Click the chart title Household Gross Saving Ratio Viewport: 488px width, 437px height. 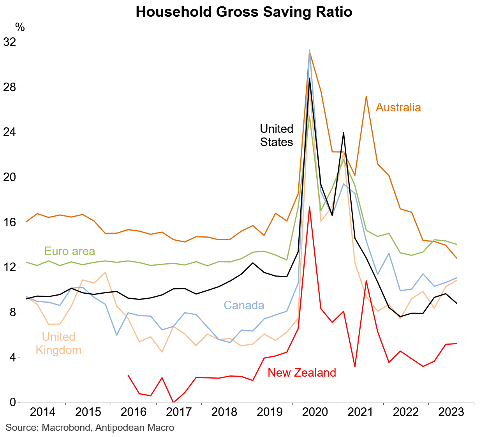click(x=244, y=12)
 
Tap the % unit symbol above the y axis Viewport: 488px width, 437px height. click(x=20, y=27)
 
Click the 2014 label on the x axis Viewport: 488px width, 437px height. click(x=43, y=412)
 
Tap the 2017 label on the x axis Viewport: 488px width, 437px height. click(x=179, y=412)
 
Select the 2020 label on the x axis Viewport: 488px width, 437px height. click(x=315, y=412)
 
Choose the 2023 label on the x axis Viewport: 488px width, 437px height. click(x=451, y=412)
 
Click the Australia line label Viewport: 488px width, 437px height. click(x=398, y=107)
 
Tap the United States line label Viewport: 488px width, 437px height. click(x=277, y=136)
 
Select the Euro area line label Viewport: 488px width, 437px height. click(x=69, y=251)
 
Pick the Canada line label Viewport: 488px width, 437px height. click(x=244, y=305)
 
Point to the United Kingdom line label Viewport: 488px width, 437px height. click(x=58, y=344)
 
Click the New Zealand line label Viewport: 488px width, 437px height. click(x=302, y=373)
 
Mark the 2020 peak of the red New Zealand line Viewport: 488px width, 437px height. click(x=310, y=207)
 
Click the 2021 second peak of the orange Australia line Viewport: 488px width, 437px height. click(x=366, y=96)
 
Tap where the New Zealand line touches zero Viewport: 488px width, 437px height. click(x=173, y=402)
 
